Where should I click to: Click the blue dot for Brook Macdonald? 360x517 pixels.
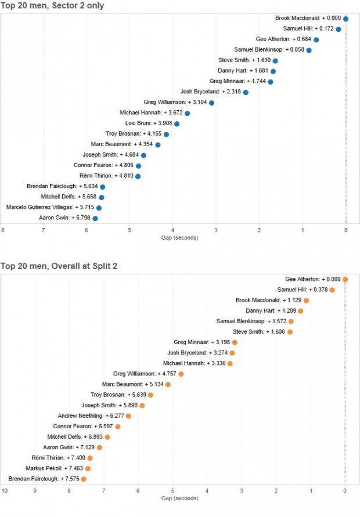coord(345,19)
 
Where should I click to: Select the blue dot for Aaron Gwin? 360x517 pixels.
coord(95,218)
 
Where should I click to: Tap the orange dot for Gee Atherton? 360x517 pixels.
coord(345,279)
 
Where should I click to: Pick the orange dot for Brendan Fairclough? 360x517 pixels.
coord(84,479)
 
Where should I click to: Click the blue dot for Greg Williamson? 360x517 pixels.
coord(211,103)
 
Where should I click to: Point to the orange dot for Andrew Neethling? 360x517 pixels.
coord(128,415)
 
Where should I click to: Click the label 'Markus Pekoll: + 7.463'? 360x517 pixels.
coord(54,468)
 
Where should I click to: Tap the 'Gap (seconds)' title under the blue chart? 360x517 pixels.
coord(179,238)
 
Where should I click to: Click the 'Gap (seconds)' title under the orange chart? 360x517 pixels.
coord(179,498)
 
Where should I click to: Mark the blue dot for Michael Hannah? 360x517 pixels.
coord(187,113)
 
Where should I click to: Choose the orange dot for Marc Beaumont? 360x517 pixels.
coord(168,384)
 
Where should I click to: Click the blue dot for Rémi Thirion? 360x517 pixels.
coord(138,176)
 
